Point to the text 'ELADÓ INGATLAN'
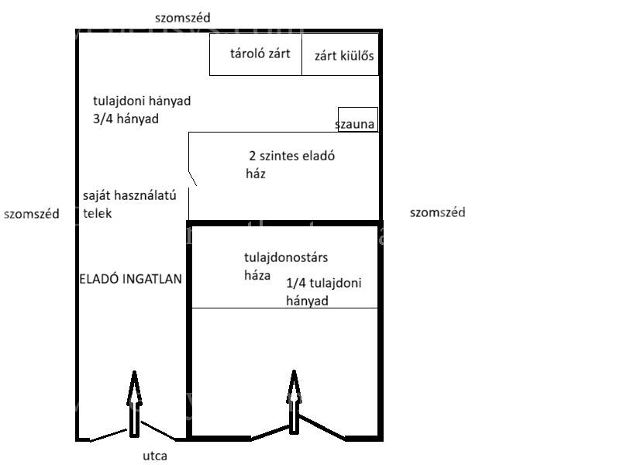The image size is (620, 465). pyautogui.click(x=130, y=279)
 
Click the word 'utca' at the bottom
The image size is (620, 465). pyautogui.click(x=155, y=456)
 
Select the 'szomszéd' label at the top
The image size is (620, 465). pyautogui.click(x=183, y=18)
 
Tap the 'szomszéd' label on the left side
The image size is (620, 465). pyautogui.click(x=32, y=214)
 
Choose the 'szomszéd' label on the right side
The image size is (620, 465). pyautogui.click(x=437, y=212)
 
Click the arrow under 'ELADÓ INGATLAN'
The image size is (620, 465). pyautogui.click(x=134, y=404)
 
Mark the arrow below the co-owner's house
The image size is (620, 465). pyautogui.click(x=294, y=401)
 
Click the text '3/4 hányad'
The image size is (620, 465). pyautogui.click(x=126, y=119)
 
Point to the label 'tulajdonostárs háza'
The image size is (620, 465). pyautogui.click(x=286, y=266)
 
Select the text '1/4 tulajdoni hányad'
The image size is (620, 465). pyautogui.click(x=324, y=292)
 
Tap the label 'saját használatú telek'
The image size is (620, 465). pyautogui.click(x=129, y=204)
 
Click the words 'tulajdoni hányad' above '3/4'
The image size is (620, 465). pyautogui.click(x=142, y=101)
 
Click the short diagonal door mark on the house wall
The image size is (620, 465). pyautogui.click(x=192, y=179)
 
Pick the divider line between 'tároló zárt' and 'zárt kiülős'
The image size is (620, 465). pyautogui.click(x=301, y=54)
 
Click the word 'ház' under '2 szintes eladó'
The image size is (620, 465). pyautogui.click(x=256, y=174)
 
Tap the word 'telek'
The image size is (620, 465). pyautogui.click(x=98, y=214)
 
